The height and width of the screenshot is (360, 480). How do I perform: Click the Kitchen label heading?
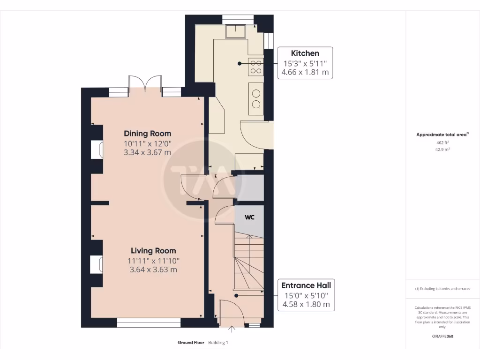point(305,53)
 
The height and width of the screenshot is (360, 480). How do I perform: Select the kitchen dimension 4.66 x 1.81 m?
point(305,73)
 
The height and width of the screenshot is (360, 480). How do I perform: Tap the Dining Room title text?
point(147,134)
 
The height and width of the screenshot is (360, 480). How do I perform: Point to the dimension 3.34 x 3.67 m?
point(147,152)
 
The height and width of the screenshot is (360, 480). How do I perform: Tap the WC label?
point(249,218)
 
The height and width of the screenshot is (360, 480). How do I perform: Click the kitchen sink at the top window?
point(236,31)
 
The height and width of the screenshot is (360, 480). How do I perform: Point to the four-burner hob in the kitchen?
point(256,67)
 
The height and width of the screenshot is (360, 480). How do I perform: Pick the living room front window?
point(149,322)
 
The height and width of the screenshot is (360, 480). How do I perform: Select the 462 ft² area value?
point(436,142)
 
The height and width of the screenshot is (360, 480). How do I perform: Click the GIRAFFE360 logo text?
point(443,336)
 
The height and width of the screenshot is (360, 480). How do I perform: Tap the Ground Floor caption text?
point(191,343)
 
